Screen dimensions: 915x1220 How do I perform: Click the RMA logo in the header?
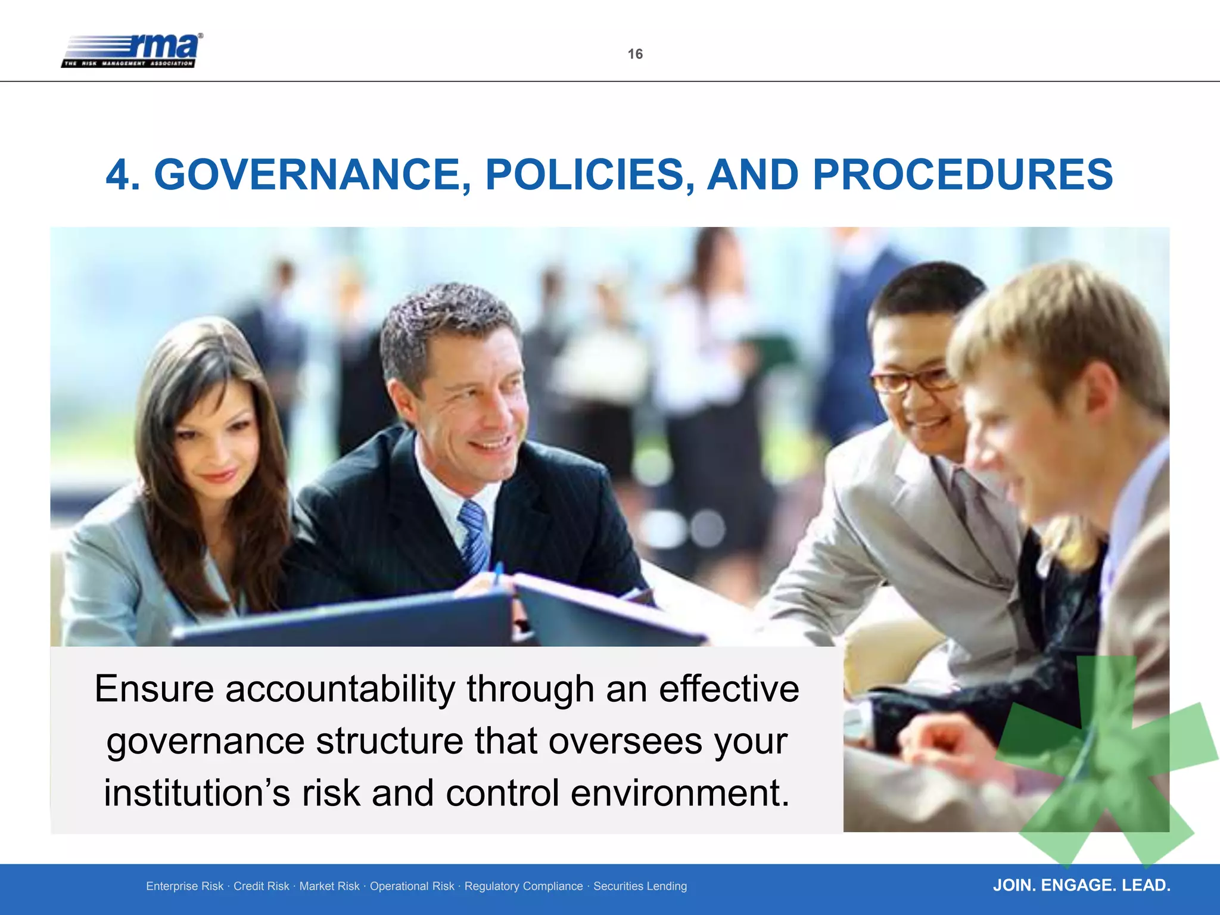tap(132, 51)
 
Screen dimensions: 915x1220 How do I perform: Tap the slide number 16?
tap(635, 54)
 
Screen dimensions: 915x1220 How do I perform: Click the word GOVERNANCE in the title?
tap(307, 175)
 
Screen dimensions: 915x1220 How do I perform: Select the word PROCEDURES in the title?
tap(963, 175)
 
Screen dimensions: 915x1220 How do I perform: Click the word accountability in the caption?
tap(340, 689)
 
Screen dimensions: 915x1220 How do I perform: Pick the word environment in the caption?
tap(680, 793)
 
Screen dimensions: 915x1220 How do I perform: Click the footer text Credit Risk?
tap(261, 886)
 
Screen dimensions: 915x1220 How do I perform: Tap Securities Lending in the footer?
tap(640, 886)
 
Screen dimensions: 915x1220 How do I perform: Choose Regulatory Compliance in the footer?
tap(524, 886)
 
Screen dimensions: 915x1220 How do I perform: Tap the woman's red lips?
tap(218, 475)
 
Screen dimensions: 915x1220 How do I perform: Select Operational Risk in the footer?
tap(412, 886)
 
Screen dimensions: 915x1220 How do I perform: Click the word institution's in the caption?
tap(197, 793)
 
